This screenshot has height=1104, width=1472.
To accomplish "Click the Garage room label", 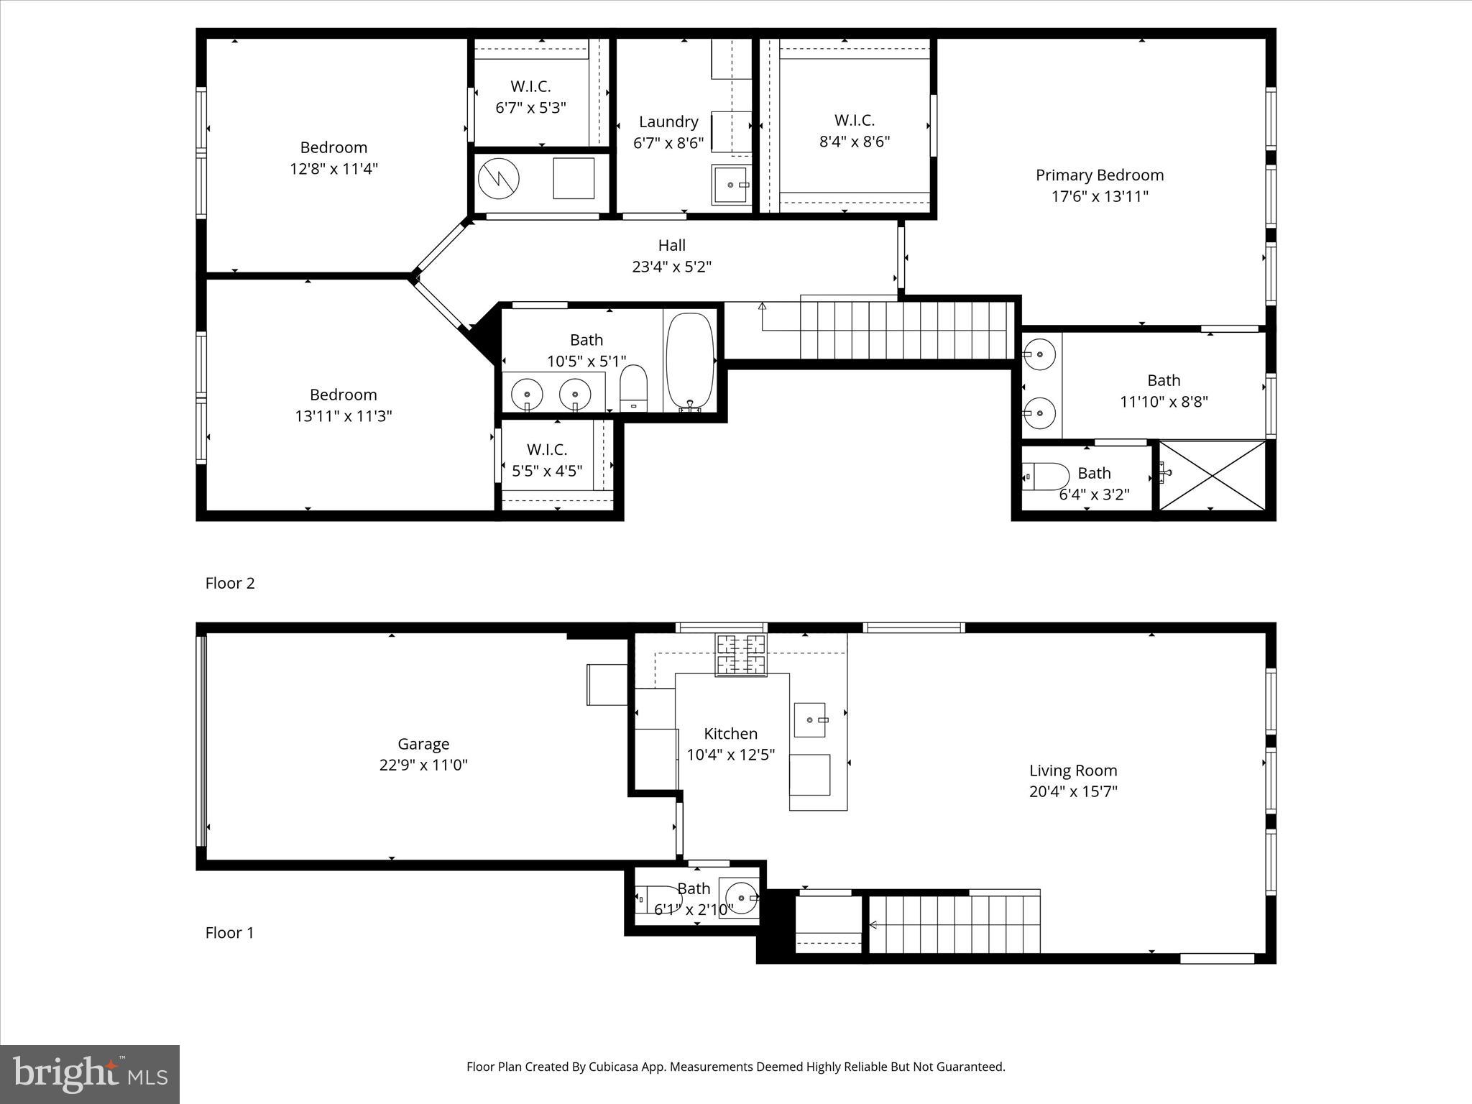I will pyautogui.click(x=423, y=744).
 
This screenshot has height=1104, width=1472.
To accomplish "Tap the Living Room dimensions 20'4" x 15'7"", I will pyautogui.click(x=1072, y=791).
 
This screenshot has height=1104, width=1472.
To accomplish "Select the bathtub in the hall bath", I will pyautogui.click(x=690, y=362).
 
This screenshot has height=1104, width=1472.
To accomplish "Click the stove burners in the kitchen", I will pyautogui.click(x=740, y=655).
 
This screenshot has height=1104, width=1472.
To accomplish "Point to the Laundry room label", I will pyautogui.click(x=668, y=122).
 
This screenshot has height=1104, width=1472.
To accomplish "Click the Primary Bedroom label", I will pyautogui.click(x=1099, y=175).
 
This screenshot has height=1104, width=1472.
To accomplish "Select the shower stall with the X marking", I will pyautogui.click(x=1213, y=475).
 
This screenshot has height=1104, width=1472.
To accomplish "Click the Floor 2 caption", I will pyautogui.click(x=230, y=583).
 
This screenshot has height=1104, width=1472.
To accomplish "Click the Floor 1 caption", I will pyautogui.click(x=230, y=932).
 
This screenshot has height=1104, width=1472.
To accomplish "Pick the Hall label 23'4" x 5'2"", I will pyautogui.click(x=671, y=256).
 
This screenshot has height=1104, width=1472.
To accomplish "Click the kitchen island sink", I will pyautogui.click(x=810, y=719).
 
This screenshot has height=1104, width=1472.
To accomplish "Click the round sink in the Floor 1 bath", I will pyautogui.click(x=742, y=898).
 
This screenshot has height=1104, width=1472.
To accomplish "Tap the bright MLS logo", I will pyautogui.click(x=90, y=1075).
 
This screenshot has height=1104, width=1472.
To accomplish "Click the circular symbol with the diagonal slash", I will pyautogui.click(x=499, y=178).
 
